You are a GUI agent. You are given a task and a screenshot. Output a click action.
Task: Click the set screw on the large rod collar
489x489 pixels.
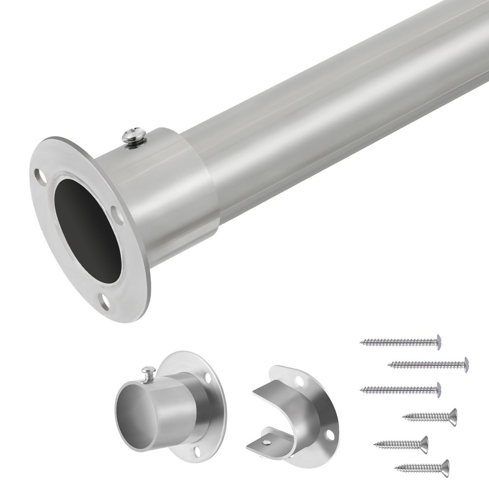(134, 135)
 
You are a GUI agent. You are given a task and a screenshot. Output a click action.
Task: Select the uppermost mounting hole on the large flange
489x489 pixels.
(40, 177)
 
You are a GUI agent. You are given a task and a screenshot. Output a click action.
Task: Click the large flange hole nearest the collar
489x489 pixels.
(117, 215)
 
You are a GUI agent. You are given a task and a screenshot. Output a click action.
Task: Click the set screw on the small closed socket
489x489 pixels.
(149, 374)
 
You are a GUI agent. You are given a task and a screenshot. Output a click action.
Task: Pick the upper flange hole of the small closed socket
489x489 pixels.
(207, 377)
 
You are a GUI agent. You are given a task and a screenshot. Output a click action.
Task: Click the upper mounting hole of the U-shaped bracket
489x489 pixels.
(299, 381)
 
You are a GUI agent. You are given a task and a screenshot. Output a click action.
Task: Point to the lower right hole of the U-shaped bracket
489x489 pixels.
(330, 435)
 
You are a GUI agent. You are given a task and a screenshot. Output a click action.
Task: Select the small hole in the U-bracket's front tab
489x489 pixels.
(267, 442)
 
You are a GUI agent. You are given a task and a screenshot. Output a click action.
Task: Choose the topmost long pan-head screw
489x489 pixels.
(401, 342)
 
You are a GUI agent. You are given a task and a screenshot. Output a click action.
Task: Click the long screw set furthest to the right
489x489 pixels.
(428, 364)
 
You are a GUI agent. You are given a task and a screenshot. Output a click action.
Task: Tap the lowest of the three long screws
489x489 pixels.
(401, 389)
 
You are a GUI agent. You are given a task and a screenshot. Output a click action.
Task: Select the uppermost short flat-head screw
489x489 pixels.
(430, 417)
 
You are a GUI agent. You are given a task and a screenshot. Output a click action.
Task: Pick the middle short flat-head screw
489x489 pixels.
(401, 445)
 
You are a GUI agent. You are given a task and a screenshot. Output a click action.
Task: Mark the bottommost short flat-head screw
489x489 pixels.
(422, 468)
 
